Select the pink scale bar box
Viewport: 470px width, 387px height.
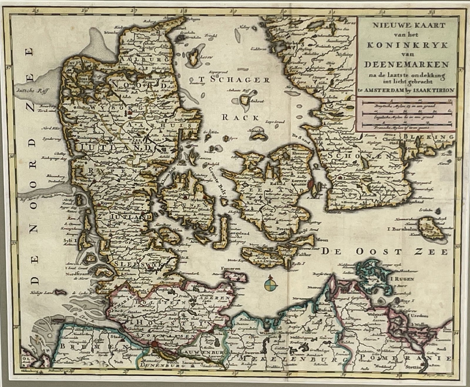pos(407,115)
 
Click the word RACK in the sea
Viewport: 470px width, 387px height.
pos(240,118)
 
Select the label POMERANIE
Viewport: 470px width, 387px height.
pos(405,358)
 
